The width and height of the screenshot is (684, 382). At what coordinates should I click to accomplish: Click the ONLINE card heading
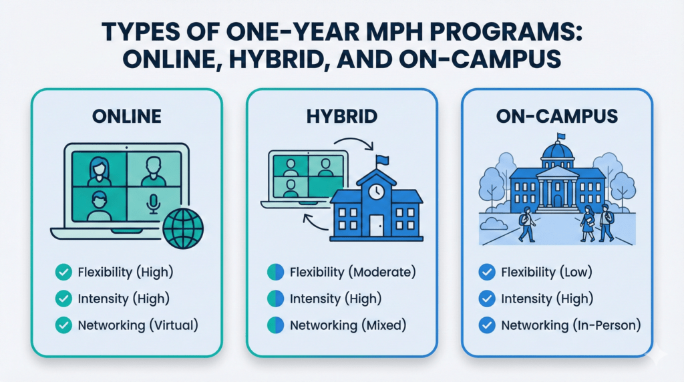tap(127, 116)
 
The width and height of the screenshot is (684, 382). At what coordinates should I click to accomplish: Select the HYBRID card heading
tap(342, 116)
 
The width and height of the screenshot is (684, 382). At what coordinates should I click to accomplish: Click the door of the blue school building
tap(377, 226)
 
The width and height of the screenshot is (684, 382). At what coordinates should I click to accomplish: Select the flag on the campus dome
tap(561, 138)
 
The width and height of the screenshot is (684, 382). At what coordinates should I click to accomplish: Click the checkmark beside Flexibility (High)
tap(63, 272)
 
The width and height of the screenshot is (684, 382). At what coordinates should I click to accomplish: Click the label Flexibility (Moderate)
tap(352, 272)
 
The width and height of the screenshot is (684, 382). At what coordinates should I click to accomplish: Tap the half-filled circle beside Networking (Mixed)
tap(275, 326)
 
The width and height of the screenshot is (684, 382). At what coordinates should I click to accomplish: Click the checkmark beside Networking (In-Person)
tap(488, 326)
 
